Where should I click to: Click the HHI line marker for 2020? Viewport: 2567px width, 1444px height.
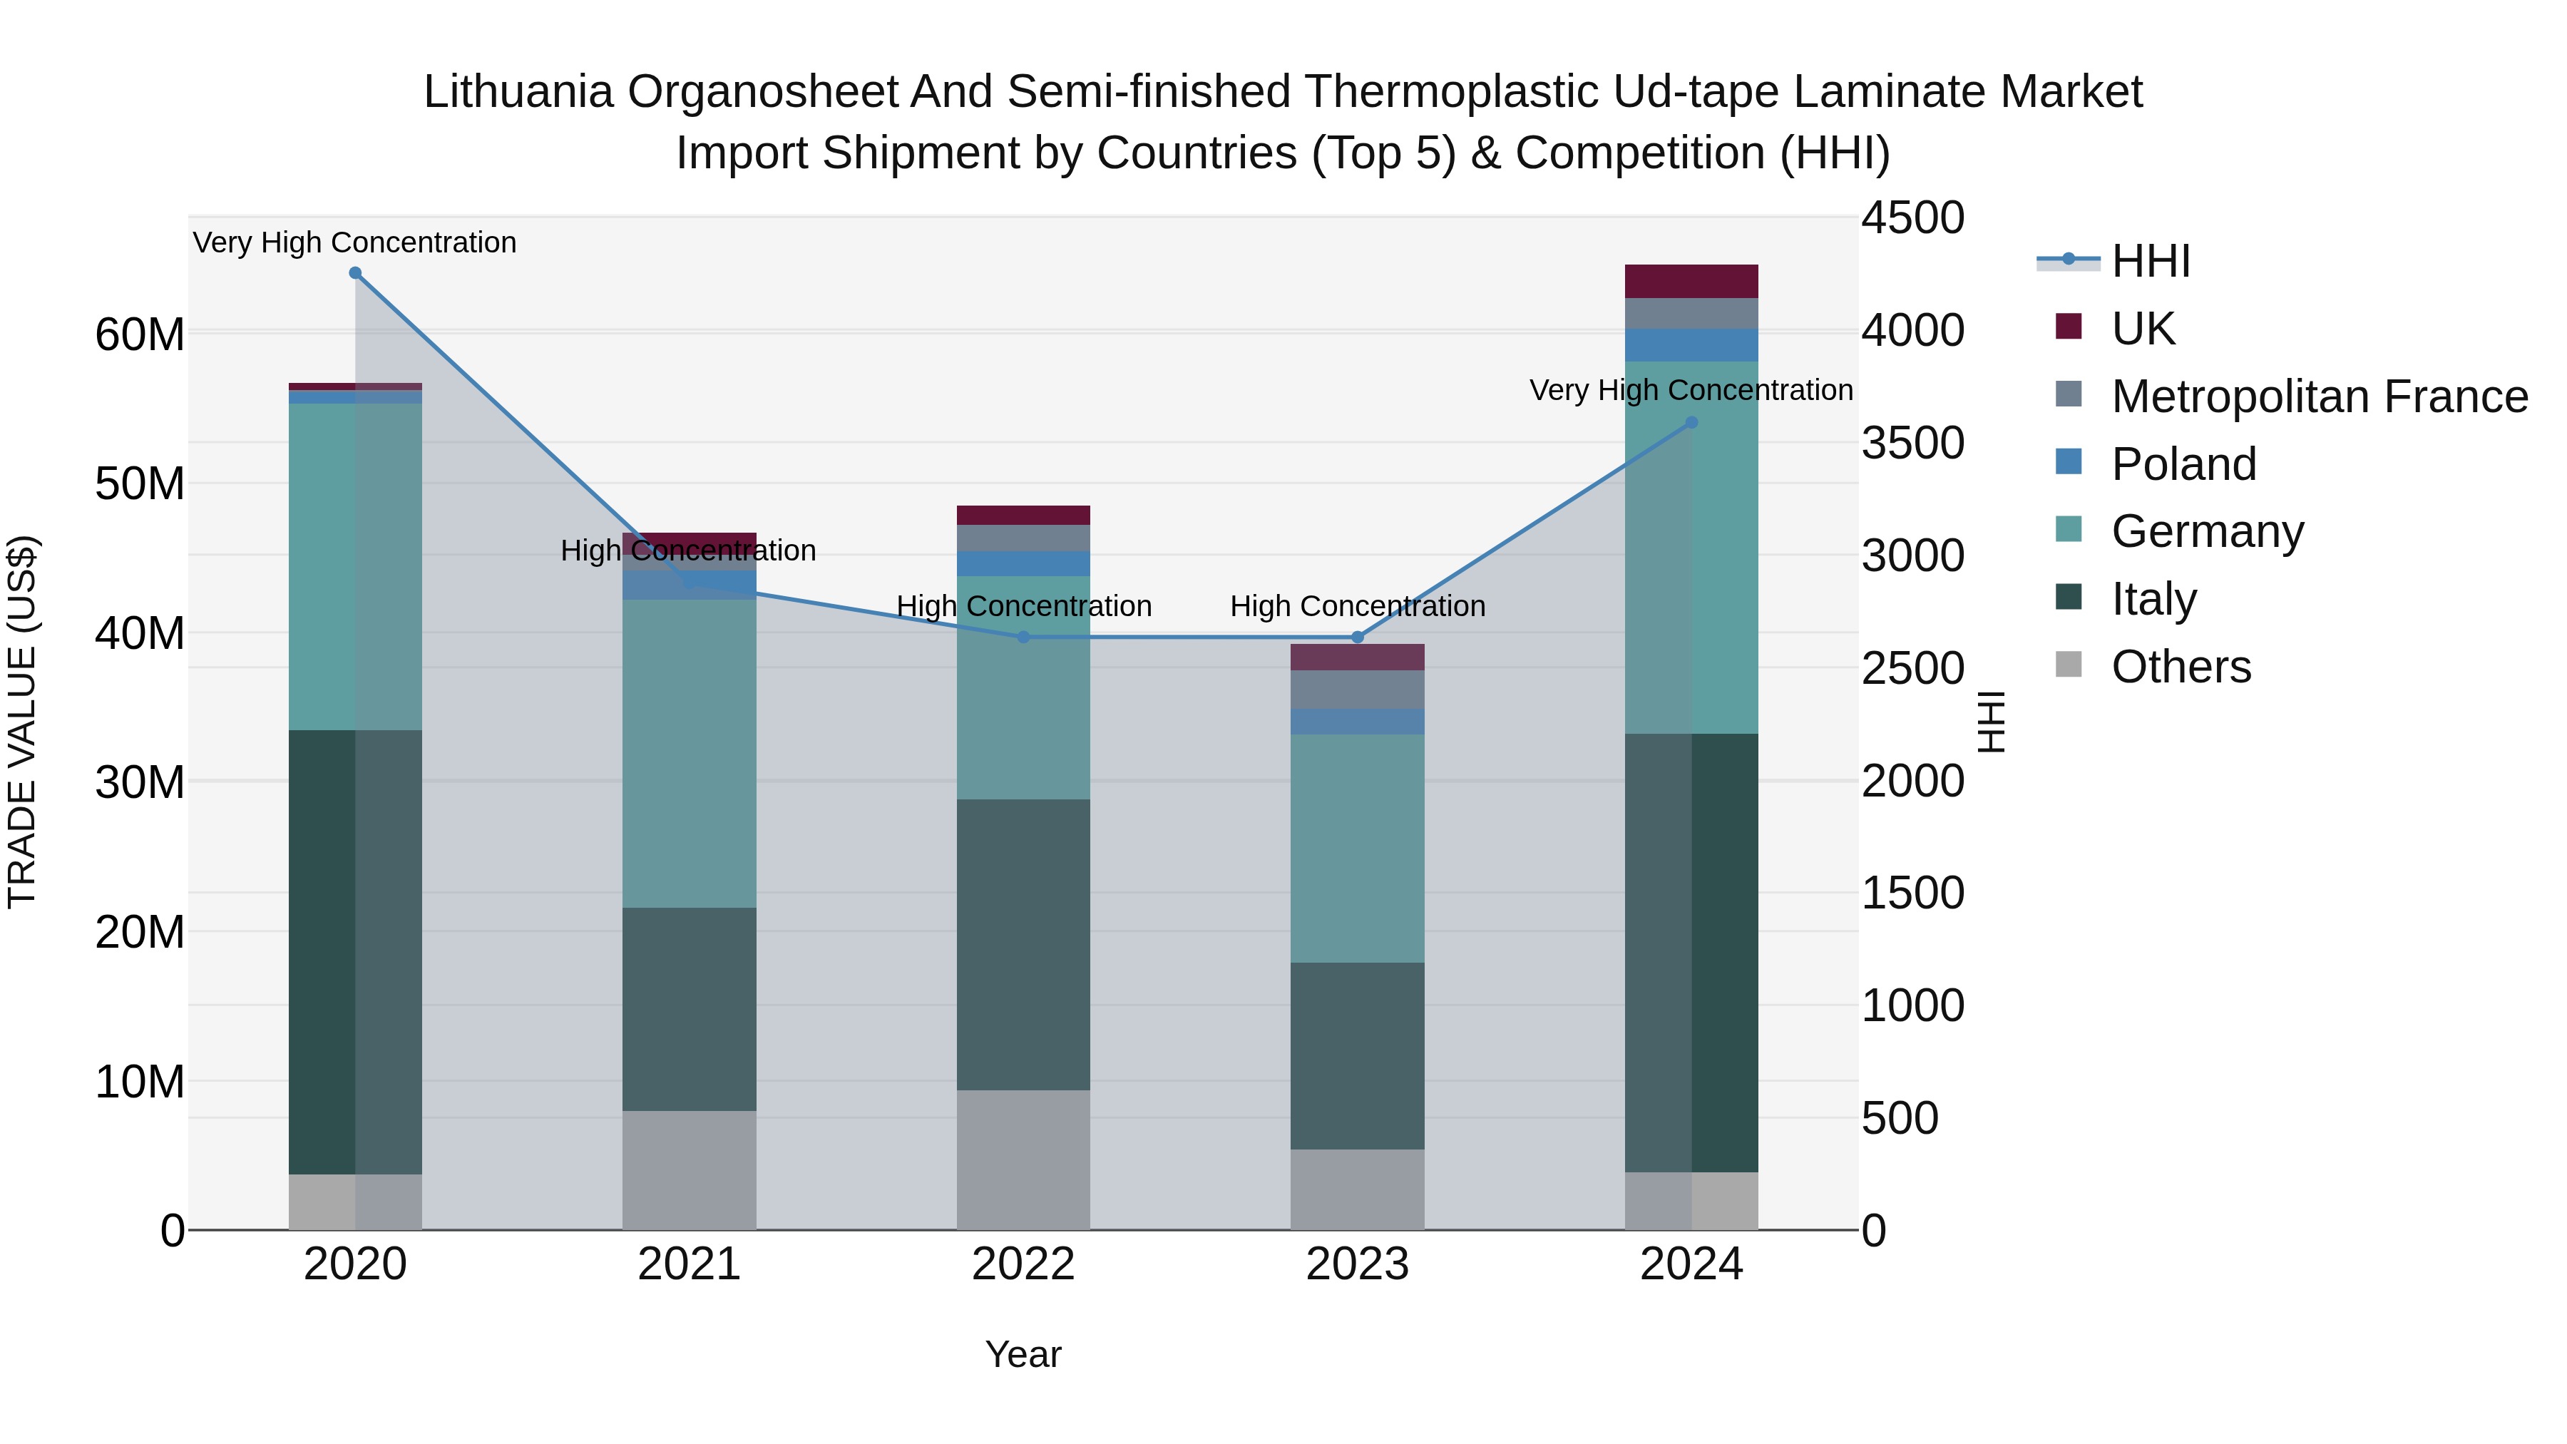coord(355,273)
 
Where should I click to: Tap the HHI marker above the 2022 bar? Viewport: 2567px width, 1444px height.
coord(1023,637)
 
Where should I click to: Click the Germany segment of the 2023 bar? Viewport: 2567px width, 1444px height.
coord(1356,848)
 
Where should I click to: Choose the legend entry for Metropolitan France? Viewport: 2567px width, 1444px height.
coord(2319,396)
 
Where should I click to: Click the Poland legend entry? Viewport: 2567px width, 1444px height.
coord(2183,464)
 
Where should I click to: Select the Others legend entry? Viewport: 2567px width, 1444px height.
coord(2181,666)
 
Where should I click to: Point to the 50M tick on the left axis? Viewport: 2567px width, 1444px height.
coord(140,483)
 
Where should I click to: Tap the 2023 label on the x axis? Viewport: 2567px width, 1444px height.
coord(1356,1264)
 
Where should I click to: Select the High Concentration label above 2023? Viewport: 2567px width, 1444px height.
coord(1356,606)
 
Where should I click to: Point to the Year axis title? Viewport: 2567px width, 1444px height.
coord(1023,1354)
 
